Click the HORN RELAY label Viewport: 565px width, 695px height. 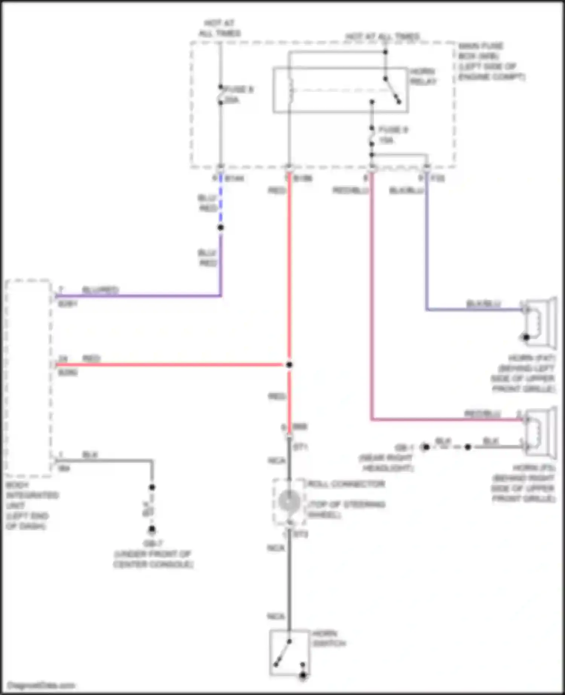[x=423, y=76]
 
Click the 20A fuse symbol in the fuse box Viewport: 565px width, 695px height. [x=221, y=95]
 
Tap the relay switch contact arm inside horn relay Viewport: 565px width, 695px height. [x=392, y=90]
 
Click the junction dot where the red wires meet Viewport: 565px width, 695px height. [x=289, y=365]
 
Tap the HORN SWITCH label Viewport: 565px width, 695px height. [x=329, y=638]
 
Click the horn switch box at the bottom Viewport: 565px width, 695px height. [x=289, y=652]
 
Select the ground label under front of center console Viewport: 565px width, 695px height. [x=153, y=554]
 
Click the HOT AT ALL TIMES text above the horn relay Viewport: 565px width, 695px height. [x=382, y=37]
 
